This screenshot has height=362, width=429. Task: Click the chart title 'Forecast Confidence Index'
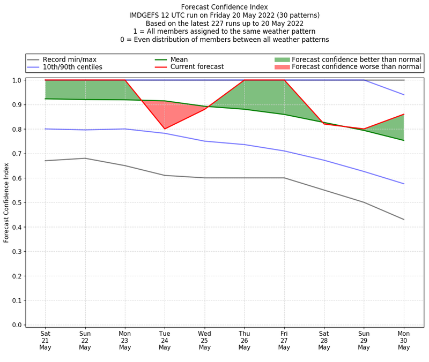224,7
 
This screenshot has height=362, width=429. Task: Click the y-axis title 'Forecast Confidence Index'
7,202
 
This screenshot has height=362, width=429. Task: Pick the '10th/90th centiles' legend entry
72,67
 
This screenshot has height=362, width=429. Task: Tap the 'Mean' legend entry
180,59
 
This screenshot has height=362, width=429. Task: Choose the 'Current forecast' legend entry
197,67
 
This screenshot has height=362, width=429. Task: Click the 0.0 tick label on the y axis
17,325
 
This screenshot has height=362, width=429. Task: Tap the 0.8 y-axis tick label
17,129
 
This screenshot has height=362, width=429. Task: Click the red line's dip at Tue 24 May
165,129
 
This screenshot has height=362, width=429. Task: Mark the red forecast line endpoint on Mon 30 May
404,114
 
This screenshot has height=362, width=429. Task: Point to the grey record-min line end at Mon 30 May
404,220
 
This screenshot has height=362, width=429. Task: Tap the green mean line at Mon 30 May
404,140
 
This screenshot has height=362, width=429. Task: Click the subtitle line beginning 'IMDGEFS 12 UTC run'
224,16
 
